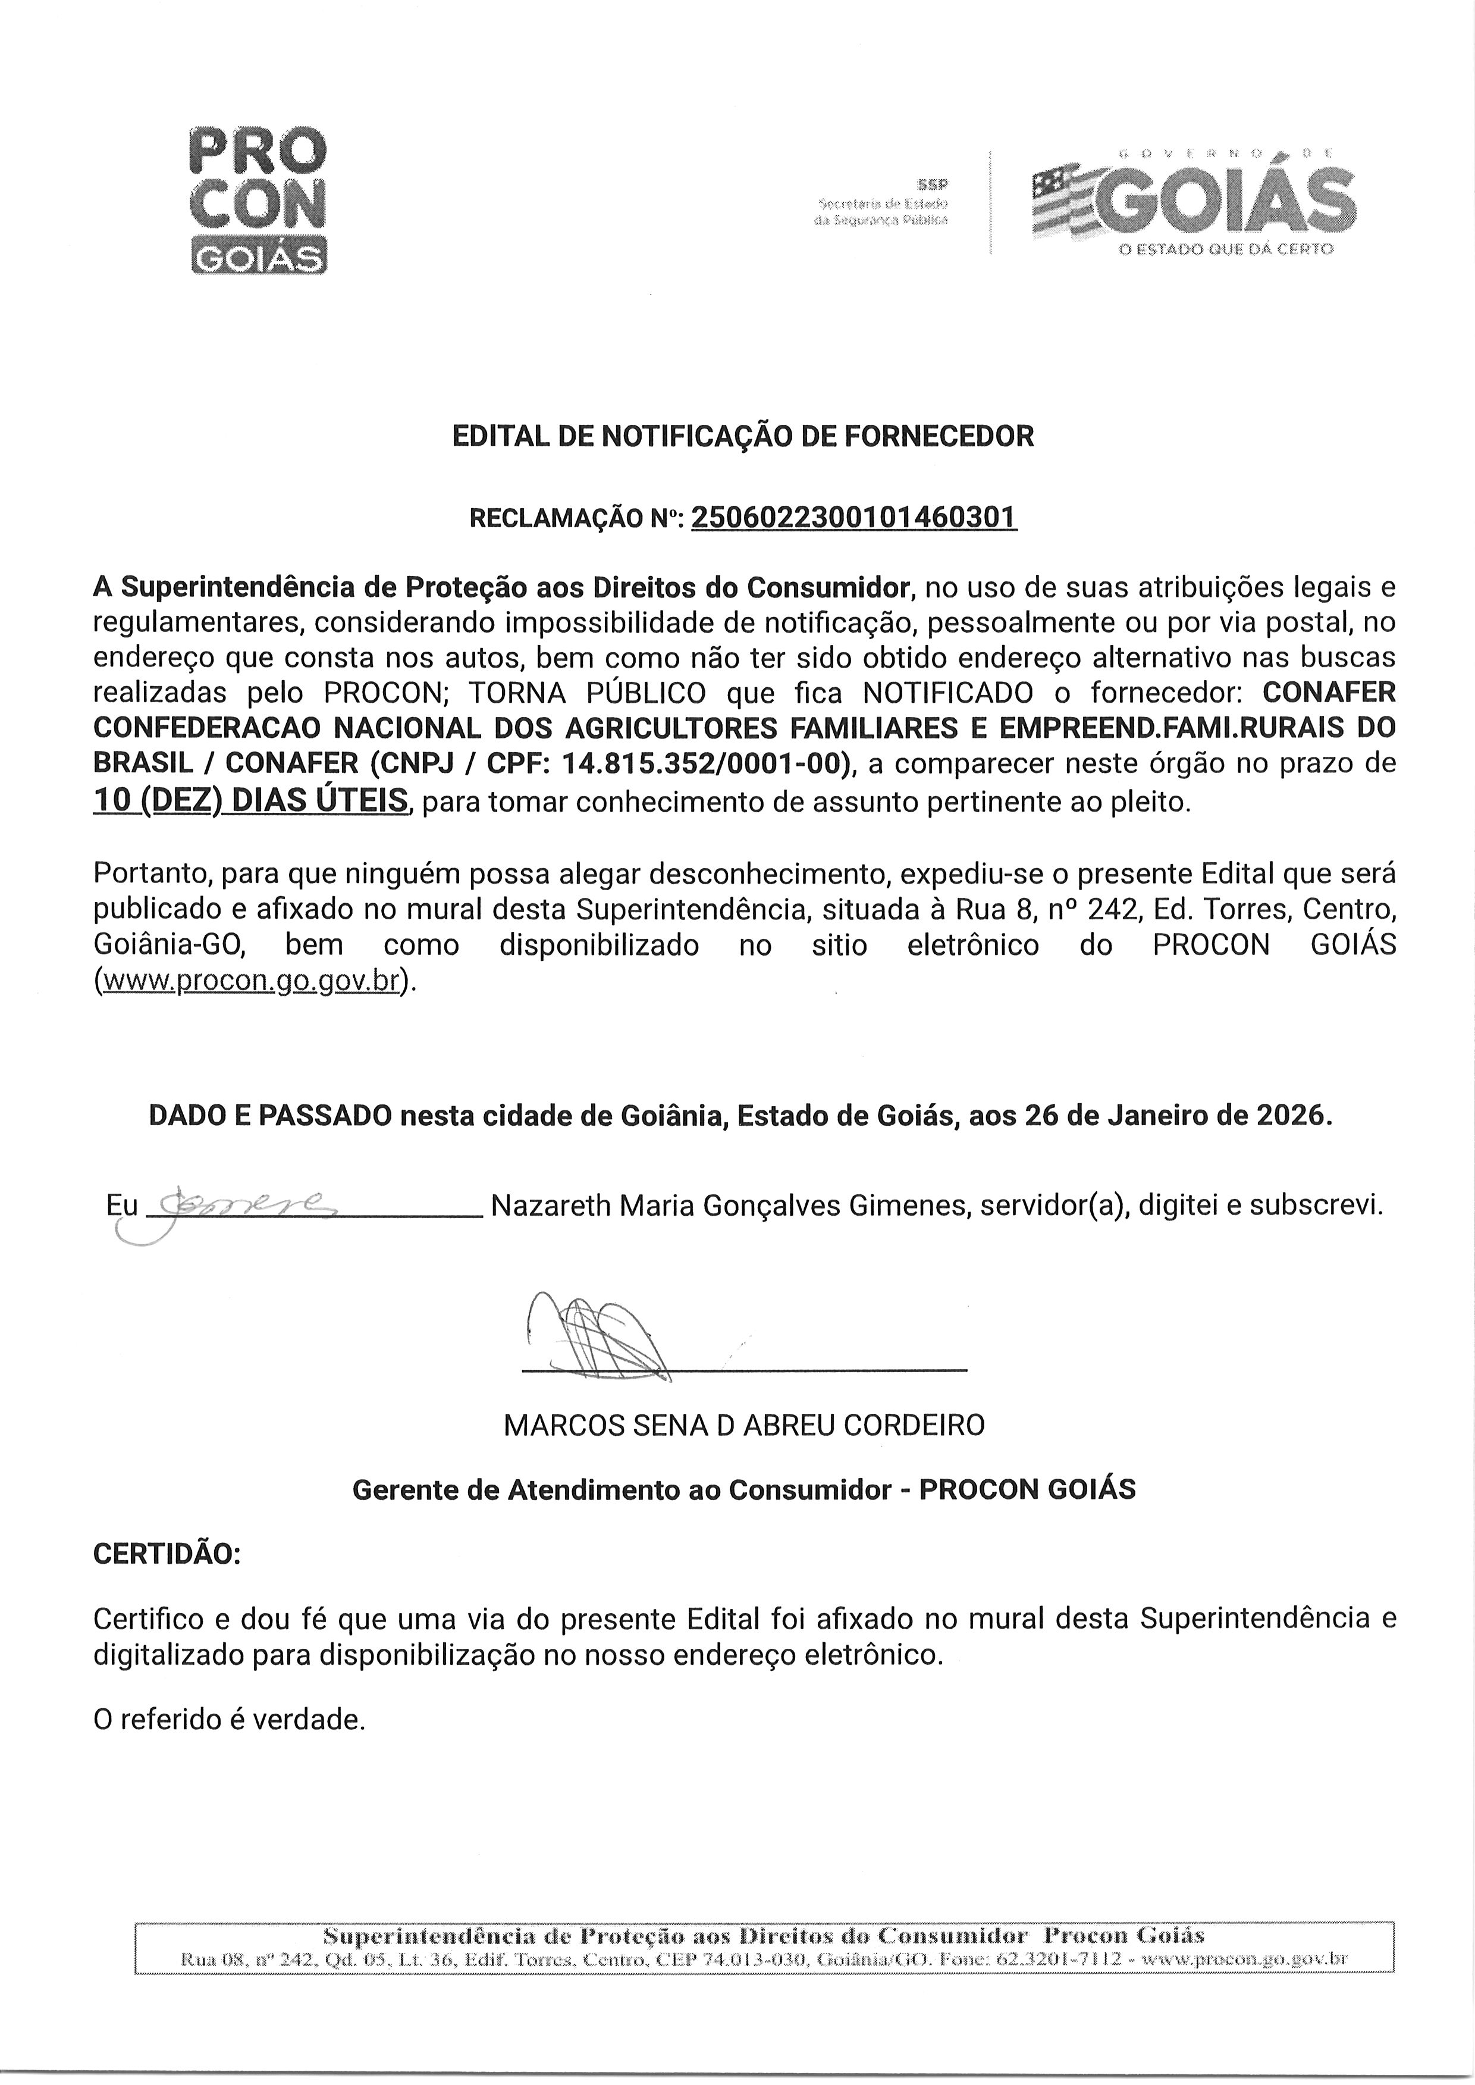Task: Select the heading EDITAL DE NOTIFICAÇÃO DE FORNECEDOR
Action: pyautogui.click(x=743, y=437)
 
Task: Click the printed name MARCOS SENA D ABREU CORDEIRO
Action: pyautogui.click(x=743, y=1425)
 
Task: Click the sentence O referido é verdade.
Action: pyautogui.click(x=229, y=1720)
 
